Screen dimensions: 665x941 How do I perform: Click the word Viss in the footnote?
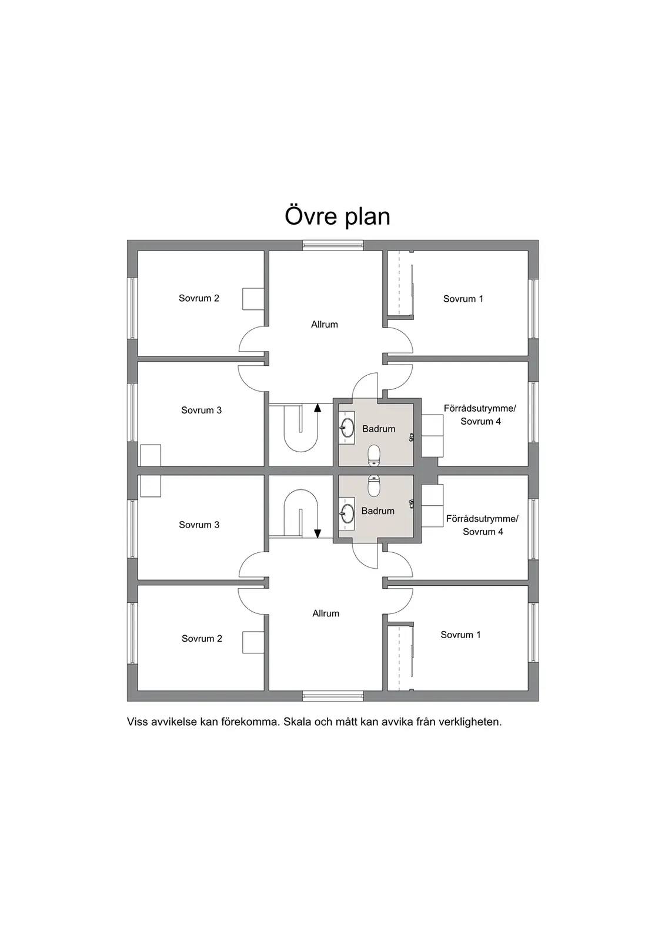136,722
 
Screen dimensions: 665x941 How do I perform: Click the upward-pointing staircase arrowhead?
318,407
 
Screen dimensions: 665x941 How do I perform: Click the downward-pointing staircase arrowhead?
318,533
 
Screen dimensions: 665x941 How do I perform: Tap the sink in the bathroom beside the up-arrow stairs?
347,427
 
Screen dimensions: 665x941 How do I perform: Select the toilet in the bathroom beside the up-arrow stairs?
374,455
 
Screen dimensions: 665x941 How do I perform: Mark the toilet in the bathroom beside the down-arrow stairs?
374,486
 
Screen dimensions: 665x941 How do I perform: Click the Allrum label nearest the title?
325,324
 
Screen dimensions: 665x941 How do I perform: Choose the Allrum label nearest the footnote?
326,613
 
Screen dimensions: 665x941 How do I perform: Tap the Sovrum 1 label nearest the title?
463,299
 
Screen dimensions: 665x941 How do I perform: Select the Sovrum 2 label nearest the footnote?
202,639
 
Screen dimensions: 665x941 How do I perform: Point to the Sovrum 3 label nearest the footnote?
199,525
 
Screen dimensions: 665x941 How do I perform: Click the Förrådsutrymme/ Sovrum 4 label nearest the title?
480,415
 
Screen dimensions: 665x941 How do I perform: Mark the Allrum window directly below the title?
333,245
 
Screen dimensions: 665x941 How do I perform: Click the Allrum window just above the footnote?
333,696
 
